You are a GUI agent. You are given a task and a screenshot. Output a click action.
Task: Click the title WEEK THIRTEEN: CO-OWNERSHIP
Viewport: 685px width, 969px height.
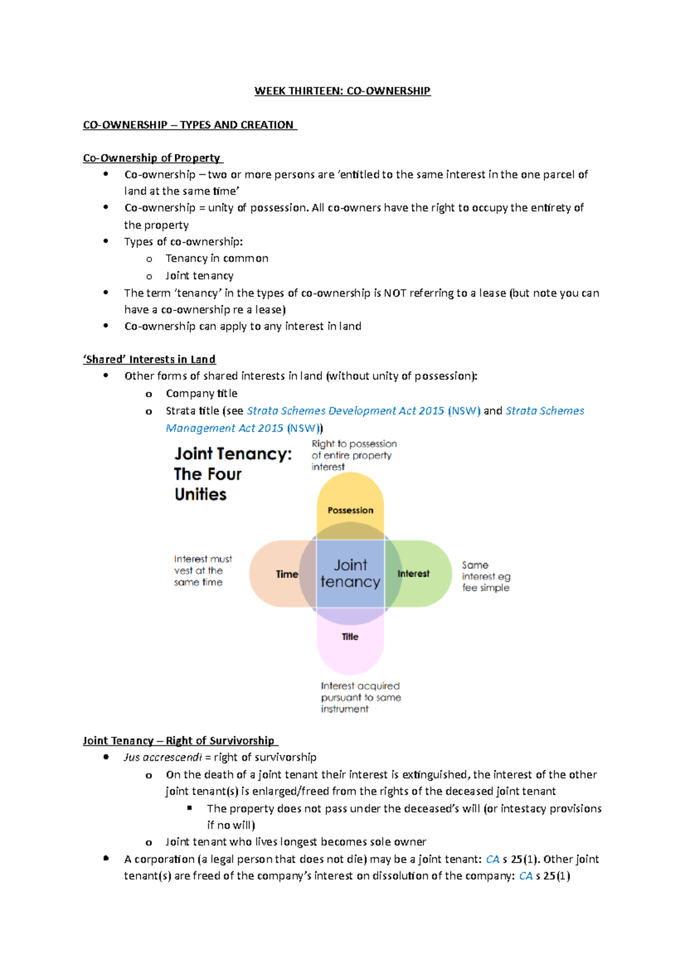pos(342,91)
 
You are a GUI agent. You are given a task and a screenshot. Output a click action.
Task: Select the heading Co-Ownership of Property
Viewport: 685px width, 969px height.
pos(152,158)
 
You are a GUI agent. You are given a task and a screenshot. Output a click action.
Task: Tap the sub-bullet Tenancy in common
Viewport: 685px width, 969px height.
pos(217,259)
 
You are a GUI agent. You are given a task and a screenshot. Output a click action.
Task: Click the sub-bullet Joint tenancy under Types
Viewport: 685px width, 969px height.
pos(199,276)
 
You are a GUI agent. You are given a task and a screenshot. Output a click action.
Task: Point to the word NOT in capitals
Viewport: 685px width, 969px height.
pos(395,293)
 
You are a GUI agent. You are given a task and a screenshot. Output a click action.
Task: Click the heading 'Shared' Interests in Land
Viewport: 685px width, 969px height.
pos(150,360)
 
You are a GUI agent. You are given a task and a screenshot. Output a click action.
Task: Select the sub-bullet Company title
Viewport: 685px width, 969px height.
pos(202,393)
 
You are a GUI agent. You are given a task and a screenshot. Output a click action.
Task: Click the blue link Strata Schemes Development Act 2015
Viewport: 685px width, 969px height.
pos(345,411)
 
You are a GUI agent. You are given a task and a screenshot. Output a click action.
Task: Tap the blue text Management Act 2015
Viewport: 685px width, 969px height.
pos(224,428)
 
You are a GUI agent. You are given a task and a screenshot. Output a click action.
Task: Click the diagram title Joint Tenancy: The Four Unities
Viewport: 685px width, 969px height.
pos(232,474)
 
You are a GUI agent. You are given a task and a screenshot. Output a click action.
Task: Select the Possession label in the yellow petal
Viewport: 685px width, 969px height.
pos(350,510)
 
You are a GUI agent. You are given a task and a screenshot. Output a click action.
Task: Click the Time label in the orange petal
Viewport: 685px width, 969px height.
pos(287,574)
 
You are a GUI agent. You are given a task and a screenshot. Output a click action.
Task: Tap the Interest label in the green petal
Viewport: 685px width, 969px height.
pos(413,574)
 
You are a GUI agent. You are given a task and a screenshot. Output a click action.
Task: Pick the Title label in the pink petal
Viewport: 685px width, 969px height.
pos(350,637)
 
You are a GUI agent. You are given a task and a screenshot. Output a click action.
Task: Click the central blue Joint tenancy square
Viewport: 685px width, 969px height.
pos(350,574)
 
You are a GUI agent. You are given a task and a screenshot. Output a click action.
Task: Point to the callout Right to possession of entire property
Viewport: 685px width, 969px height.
pos(353,455)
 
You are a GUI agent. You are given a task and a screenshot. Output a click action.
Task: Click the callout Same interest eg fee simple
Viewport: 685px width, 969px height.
pos(485,576)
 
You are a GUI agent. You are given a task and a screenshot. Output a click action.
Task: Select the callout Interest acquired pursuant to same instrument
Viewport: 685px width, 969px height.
pos(360,697)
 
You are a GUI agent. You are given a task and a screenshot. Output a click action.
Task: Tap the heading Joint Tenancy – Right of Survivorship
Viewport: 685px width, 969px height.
pos(179,741)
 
